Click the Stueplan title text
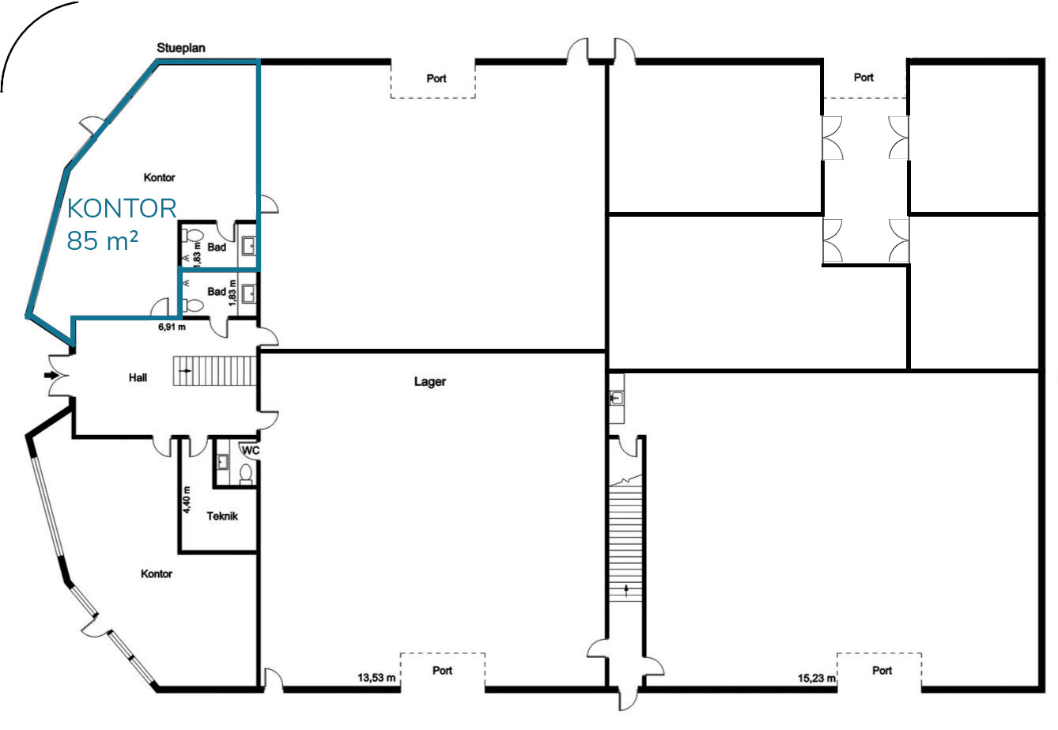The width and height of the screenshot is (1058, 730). pos(181,47)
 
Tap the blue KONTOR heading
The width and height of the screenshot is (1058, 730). pos(122,208)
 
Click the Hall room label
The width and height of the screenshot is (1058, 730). pos(138,377)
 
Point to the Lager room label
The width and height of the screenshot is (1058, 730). pos(430,382)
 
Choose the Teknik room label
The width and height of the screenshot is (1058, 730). pos(222,516)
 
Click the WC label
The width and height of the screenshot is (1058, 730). pos(251,450)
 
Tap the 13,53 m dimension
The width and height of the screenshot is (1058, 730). pos(376,678)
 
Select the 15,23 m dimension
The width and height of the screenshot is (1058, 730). pos(817,678)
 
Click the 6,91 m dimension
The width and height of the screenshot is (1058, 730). pos(172,327)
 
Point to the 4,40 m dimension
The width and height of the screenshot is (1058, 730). pos(187,499)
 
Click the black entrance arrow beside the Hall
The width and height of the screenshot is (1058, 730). pos(51,375)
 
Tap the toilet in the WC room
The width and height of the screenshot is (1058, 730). pos(246,474)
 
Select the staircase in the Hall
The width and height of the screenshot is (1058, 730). pos(215,371)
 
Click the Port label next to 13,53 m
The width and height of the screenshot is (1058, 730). pos(443,671)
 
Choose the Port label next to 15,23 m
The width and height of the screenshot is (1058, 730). pos(882,671)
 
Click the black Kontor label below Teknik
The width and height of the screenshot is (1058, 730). pos(157,573)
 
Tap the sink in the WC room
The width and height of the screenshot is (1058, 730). pos(222,462)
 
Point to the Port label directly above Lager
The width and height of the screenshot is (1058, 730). pos(436,78)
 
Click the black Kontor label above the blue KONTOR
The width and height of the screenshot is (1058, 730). pos(159,178)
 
